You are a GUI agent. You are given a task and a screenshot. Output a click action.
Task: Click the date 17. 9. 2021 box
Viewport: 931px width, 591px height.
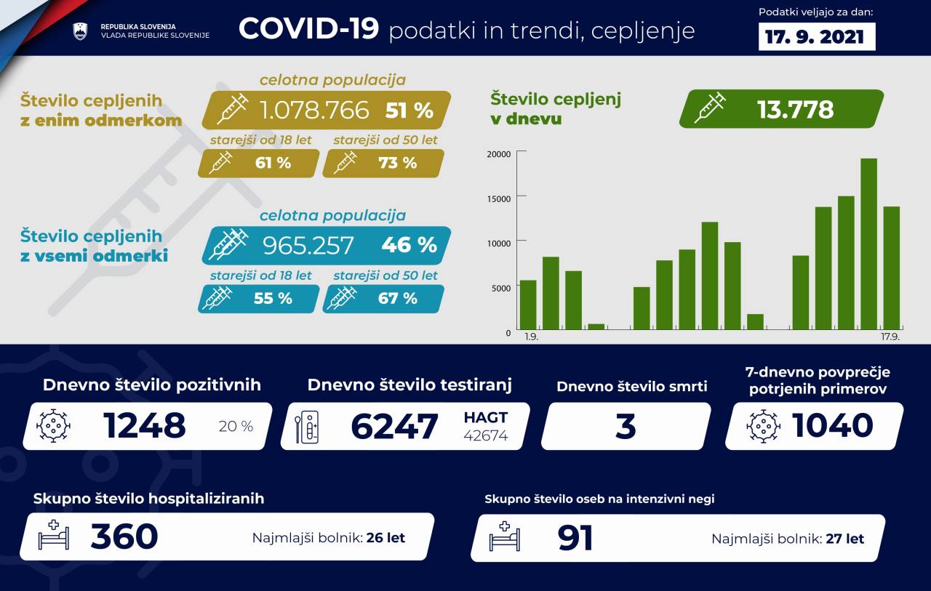coord(816,36)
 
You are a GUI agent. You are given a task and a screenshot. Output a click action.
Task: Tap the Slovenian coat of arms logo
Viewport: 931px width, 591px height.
coord(80,31)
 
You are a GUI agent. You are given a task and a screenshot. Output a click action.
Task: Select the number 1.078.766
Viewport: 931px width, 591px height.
coord(314,110)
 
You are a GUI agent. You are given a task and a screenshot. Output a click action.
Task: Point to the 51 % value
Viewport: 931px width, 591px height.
coord(409,110)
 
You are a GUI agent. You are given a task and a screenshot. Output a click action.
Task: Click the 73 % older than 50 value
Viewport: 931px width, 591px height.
coord(398,163)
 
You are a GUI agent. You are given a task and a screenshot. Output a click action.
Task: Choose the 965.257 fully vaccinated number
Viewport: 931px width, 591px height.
coord(308,245)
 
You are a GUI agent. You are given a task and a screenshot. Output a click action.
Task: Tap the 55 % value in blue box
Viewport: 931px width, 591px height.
coord(273,298)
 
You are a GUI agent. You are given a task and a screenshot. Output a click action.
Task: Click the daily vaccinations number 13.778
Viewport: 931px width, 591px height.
coord(795,109)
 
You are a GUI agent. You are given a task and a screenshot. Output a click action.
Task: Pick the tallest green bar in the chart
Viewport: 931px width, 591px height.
coord(868,243)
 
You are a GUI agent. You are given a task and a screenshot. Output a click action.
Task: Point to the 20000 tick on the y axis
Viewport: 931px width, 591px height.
coord(498,153)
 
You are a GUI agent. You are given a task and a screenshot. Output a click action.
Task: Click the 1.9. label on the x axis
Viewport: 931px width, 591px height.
coord(532,337)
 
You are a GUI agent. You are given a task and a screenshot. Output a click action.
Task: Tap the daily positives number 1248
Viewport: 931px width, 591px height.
coord(145,426)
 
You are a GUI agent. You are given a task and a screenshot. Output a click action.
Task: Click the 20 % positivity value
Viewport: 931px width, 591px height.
coord(236,427)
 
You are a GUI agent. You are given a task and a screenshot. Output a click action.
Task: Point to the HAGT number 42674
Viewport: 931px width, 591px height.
coord(486,435)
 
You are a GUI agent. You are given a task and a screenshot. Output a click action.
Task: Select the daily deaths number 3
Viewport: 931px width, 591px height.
coord(626,427)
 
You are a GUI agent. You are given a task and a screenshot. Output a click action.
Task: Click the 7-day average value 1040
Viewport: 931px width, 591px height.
coord(832,425)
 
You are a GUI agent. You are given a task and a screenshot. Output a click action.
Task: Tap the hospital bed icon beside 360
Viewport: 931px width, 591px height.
coord(54,536)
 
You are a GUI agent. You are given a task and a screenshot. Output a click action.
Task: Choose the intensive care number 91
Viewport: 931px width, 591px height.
coord(575,538)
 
